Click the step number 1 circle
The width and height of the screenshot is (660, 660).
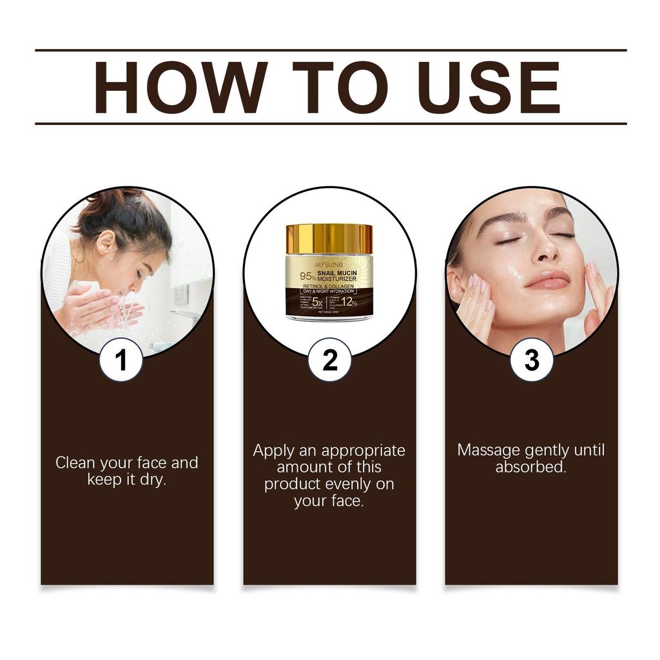pos(121,361)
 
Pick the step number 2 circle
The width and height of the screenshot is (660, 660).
pos(329,361)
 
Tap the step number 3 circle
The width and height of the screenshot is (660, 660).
pos(532,361)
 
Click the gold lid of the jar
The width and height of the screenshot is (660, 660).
pos(329,238)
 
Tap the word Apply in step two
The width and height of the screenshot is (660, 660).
pos(273,450)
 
